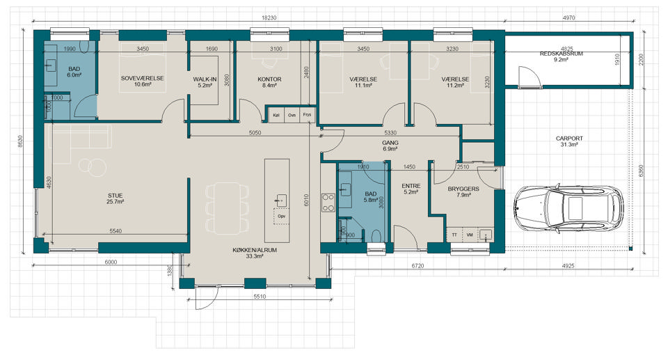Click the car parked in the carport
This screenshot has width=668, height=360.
tap(568, 209)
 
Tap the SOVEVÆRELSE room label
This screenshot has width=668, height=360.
tap(142, 79)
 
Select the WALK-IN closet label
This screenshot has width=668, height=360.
tap(205, 79)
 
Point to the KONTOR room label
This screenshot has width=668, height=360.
tap(269, 79)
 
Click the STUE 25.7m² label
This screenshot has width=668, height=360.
tap(115, 198)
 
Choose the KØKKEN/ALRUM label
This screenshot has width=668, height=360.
tap(255, 251)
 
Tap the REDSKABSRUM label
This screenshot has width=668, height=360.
tap(561, 54)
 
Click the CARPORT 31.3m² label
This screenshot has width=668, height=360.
tap(569, 141)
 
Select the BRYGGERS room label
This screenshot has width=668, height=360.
tap(463, 189)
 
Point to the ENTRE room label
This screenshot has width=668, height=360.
tap(411, 186)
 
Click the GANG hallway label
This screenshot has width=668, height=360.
tap(390, 143)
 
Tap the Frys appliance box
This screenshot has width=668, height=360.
tap(307, 115)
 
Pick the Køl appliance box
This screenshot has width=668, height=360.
tap(276, 115)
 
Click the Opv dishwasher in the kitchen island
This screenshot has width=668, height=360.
tap(281, 217)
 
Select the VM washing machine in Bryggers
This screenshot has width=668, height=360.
tap(470, 235)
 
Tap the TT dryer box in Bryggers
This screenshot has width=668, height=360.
tap(454, 235)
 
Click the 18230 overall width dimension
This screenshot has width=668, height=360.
tap(269, 18)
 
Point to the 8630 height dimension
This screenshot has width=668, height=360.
tap(20, 141)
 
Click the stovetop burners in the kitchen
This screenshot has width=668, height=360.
tap(328, 203)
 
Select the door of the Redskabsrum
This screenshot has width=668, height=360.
tap(529, 77)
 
